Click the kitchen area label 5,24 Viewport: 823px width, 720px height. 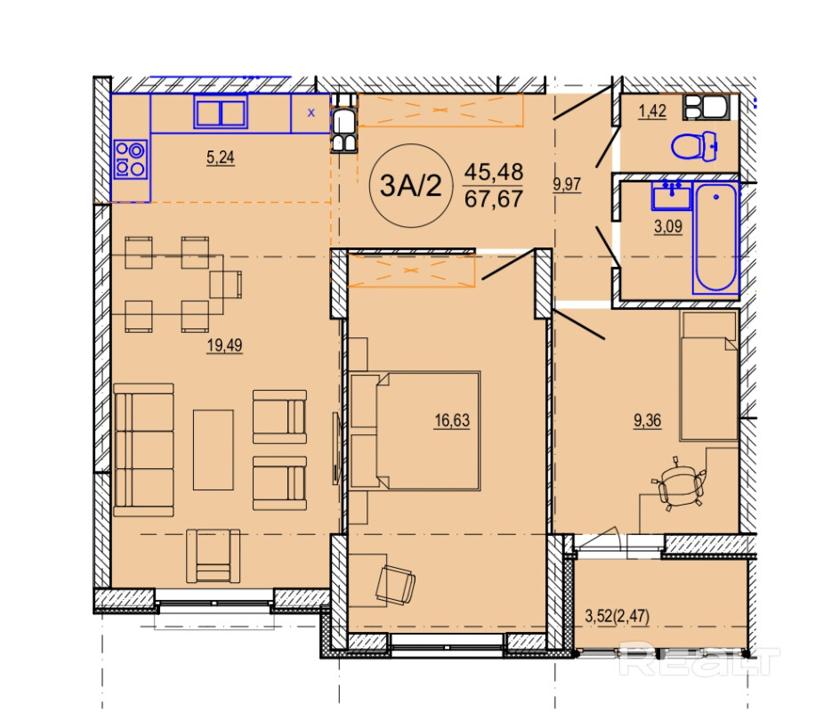[221, 157]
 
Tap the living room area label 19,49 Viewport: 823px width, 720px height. [224, 345]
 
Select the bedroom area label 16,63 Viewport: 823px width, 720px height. [452, 421]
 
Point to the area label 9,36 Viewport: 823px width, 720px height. [647, 420]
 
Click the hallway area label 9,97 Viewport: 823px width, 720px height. [567, 184]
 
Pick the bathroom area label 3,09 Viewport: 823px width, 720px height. [668, 226]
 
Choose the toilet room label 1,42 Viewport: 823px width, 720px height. [652, 111]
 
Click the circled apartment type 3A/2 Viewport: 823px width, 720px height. [411, 185]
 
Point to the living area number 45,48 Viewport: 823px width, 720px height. [494, 172]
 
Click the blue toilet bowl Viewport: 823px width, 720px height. [694, 147]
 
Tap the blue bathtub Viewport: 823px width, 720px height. [716, 238]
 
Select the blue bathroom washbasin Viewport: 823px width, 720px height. [672, 196]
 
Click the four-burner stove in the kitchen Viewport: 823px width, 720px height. [131, 159]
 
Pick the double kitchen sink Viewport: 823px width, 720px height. [221, 112]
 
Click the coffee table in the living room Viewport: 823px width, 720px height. [214, 450]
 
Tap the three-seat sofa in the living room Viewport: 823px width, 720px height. [144, 450]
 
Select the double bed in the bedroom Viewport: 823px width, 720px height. [415, 431]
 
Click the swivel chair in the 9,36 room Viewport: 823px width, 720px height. [680, 485]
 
